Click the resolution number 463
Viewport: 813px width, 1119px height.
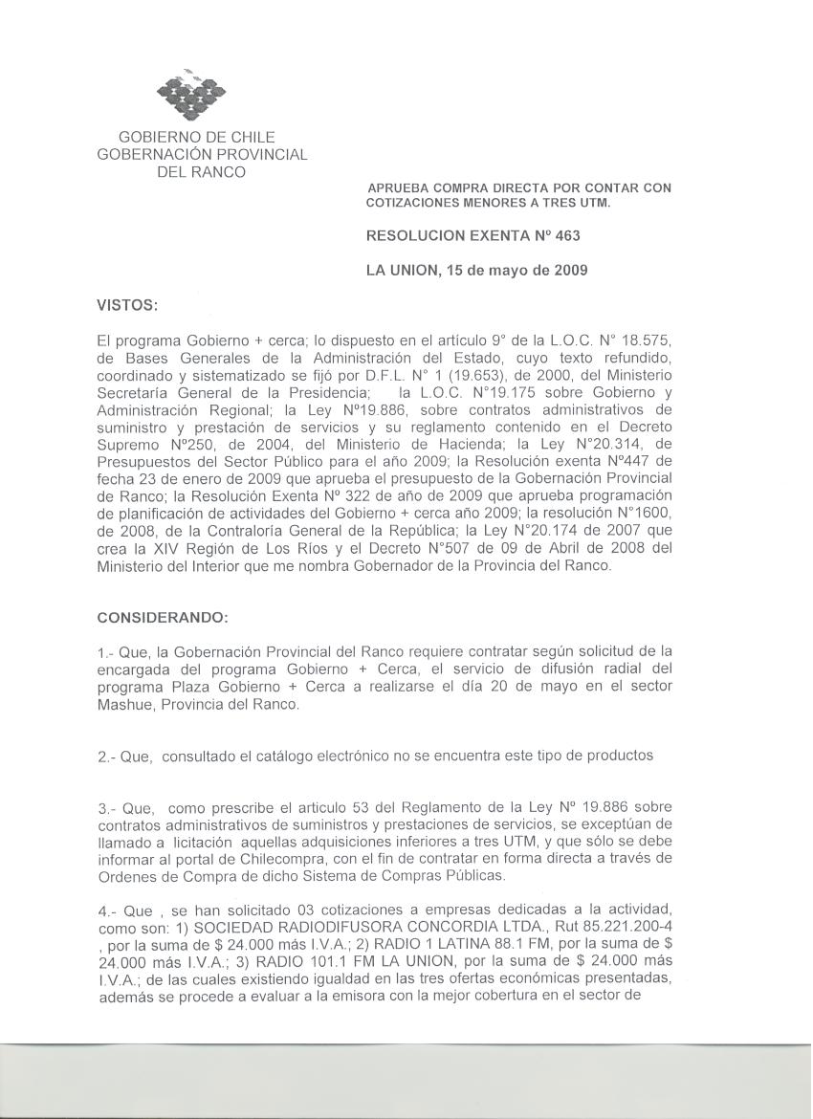coord(567,235)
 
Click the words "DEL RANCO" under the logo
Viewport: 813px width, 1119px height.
coord(202,172)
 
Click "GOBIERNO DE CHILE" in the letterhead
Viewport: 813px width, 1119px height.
coord(196,138)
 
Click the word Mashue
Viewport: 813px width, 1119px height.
coord(126,705)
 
